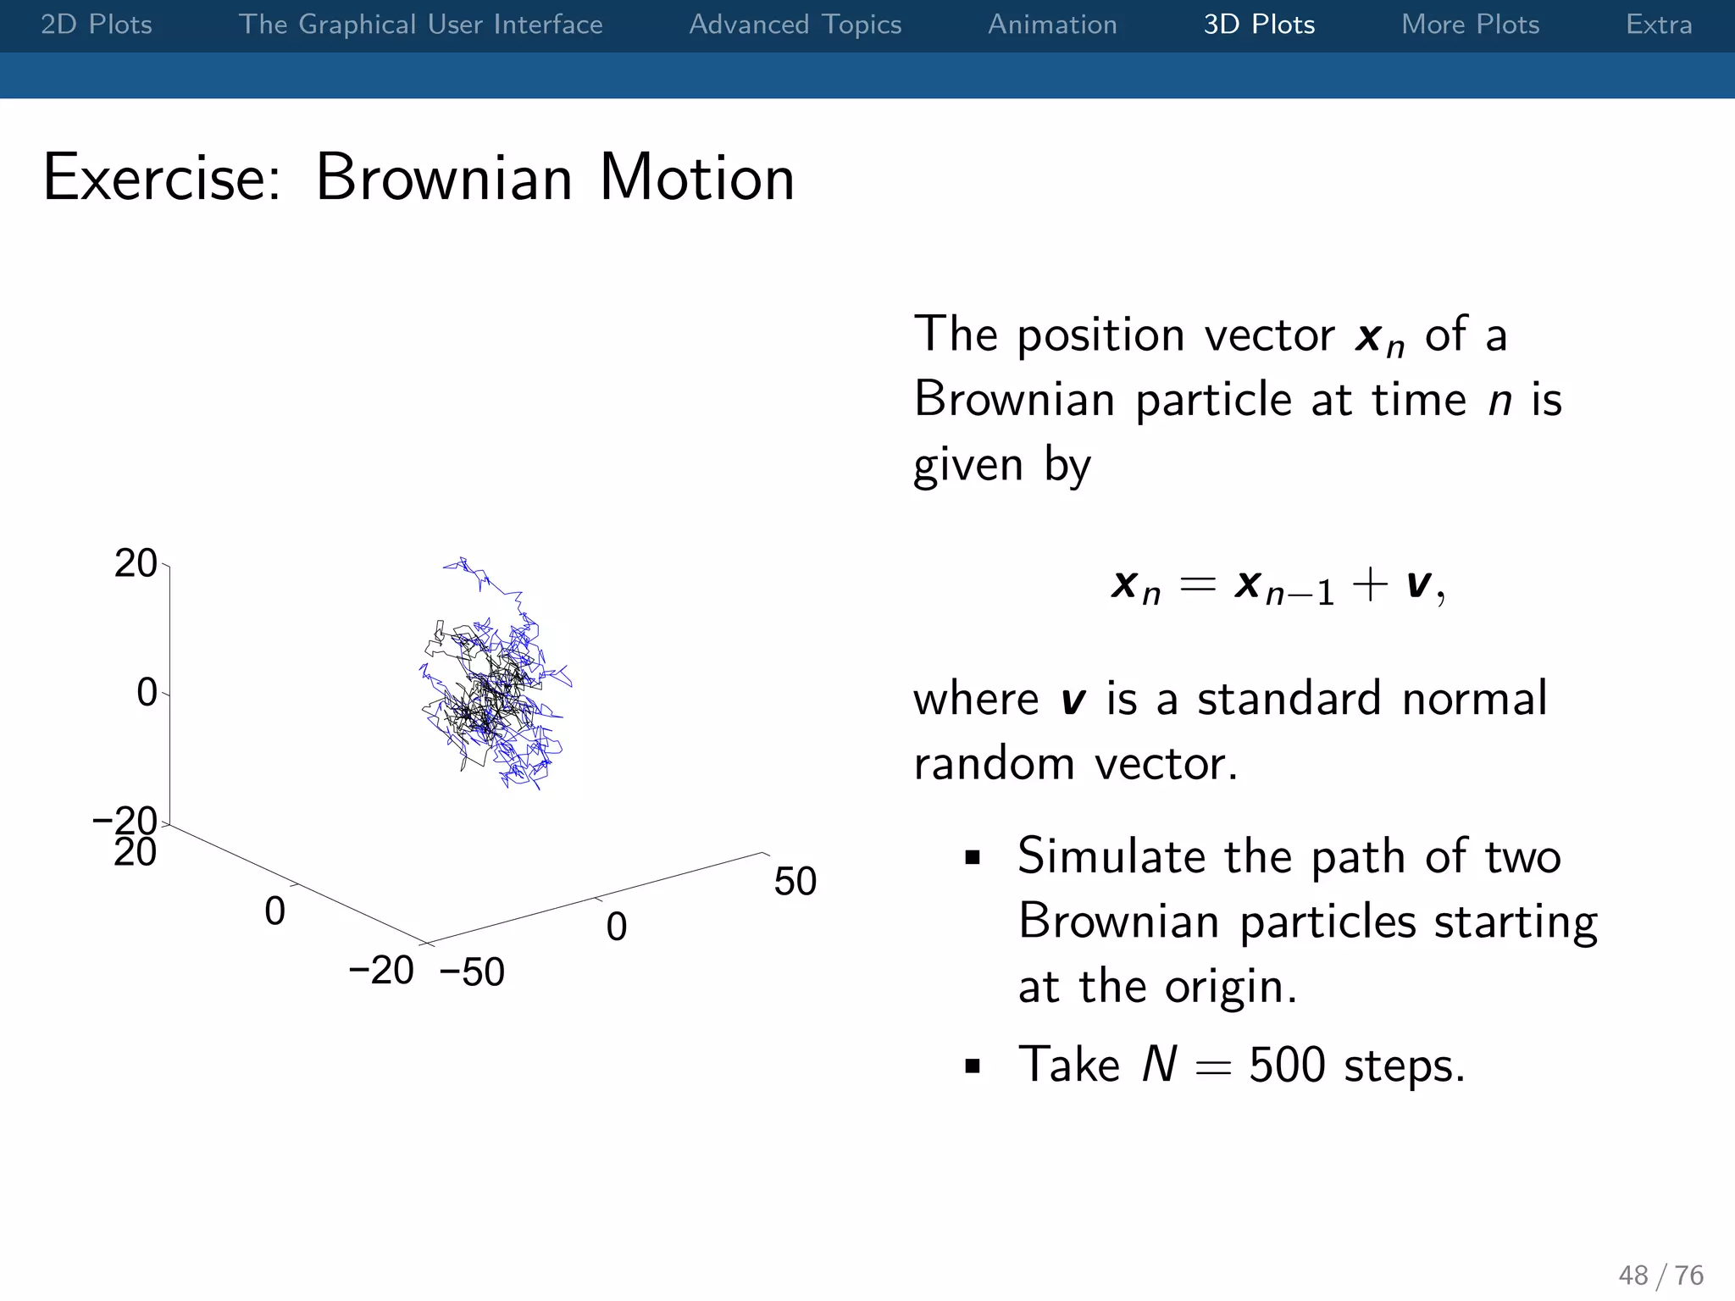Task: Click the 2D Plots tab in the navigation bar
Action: pos(96,25)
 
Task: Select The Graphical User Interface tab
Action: pos(420,25)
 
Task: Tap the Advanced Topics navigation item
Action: pos(795,25)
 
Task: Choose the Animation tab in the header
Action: pos(1052,25)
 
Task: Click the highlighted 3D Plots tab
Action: pos(1259,25)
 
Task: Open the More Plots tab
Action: pos(1470,25)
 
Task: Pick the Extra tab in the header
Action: pos(1658,25)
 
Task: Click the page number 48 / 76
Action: pos(1660,1275)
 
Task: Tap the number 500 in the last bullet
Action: pos(1286,1065)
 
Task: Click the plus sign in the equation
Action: pos(1369,584)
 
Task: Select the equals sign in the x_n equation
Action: pos(1198,584)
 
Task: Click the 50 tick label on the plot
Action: pos(795,882)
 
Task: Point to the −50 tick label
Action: pos(472,972)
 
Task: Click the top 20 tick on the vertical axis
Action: pos(136,564)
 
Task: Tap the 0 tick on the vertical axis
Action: pos(147,693)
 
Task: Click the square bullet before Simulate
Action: pos(973,858)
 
